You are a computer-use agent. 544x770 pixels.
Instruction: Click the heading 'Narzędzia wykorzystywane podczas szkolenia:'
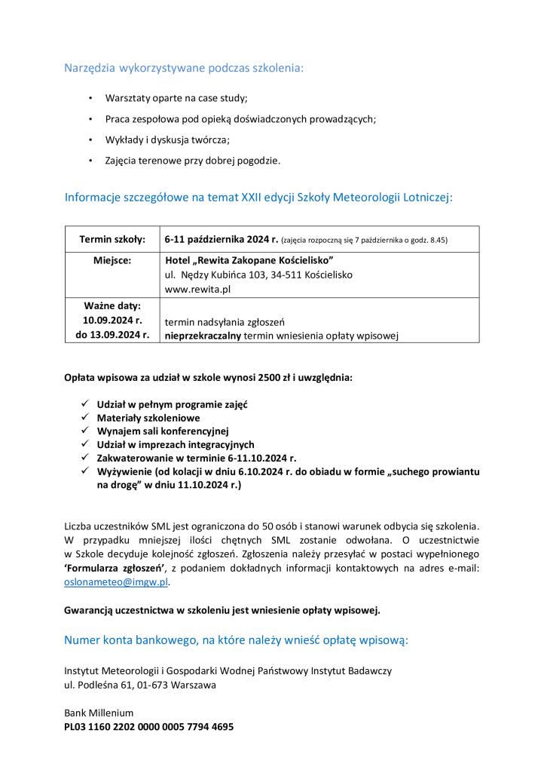coord(184,69)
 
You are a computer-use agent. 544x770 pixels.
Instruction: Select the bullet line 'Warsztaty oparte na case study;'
coord(176,99)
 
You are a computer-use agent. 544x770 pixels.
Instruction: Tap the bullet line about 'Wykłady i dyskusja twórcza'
coord(167,140)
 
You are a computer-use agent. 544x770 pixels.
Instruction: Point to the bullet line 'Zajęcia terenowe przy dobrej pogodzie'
coord(193,160)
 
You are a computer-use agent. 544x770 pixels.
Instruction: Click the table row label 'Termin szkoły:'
coord(112,240)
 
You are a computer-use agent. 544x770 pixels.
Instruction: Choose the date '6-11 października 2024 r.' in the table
coord(222,240)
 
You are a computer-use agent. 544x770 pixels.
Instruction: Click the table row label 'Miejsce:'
coord(112,260)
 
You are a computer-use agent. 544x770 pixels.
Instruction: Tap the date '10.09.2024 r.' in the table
coord(112,321)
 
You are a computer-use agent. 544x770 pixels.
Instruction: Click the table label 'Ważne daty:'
coord(112,306)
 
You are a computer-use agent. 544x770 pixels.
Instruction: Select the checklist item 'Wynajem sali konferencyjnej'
coord(163,431)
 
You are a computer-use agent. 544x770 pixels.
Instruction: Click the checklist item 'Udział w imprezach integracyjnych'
coord(176,445)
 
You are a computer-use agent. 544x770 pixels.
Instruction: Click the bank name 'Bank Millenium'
coord(99,713)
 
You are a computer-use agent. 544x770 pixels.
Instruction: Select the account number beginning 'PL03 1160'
coord(148,727)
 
